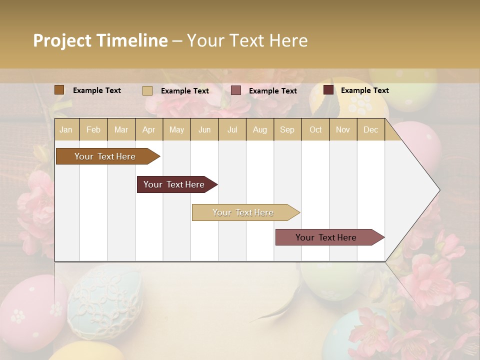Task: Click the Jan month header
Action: click(x=66, y=130)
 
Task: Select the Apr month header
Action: click(x=148, y=130)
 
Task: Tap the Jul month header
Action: click(x=232, y=130)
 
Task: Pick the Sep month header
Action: click(x=287, y=130)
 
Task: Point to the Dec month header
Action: click(x=370, y=130)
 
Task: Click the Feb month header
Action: click(x=93, y=130)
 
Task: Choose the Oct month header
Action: click(x=315, y=130)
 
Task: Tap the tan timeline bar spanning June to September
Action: click(x=243, y=212)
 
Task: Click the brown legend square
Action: click(x=59, y=90)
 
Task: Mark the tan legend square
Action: click(x=147, y=90)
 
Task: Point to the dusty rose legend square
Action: click(x=236, y=90)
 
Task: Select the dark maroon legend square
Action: click(x=328, y=90)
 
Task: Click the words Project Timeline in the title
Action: click(x=100, y=40)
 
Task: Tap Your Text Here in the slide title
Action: click(x=247, y=40)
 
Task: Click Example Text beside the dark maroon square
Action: click(x=364, y=90)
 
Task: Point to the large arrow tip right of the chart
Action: click(x=420, y=190)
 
